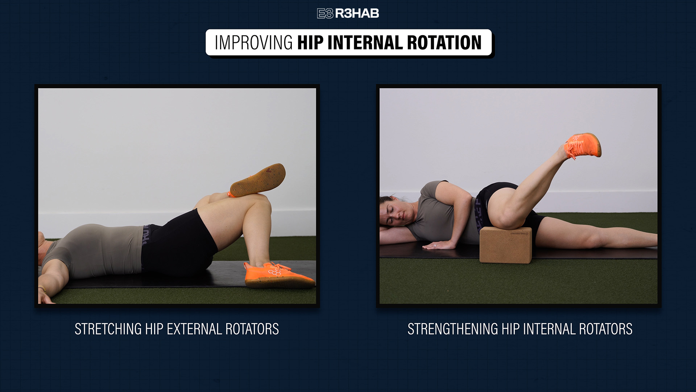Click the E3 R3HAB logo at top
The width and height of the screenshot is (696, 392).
tap(348, 13)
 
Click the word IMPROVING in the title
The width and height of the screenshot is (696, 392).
tap(254, 42)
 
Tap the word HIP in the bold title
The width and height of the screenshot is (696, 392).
tap(310, 42)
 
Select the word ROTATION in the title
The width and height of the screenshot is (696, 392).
tap(444, 42)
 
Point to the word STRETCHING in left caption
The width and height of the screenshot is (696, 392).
tap(108, 329)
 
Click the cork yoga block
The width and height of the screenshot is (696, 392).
tap(506, 245)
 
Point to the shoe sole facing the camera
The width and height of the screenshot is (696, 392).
tap(258, 180)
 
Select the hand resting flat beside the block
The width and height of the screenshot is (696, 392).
tap(439, 246)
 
